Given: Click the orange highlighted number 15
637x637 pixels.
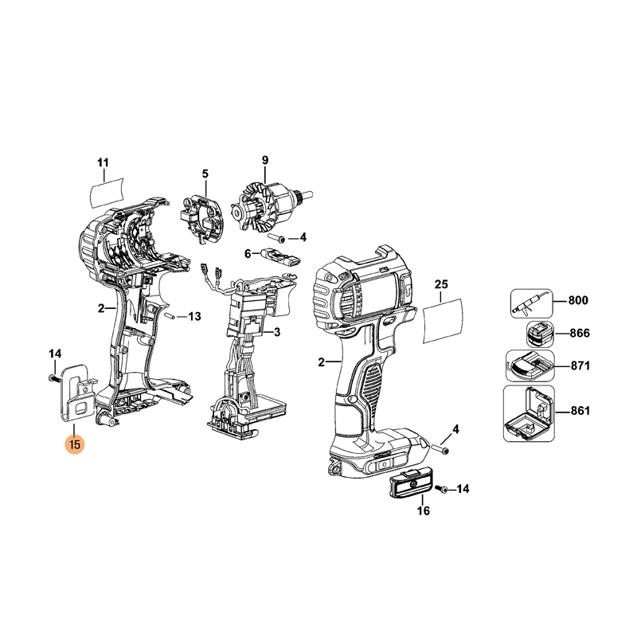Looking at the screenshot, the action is (x=75, y=444).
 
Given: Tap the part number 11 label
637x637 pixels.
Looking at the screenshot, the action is (x=104, y=163).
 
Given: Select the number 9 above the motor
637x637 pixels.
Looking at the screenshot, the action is (x=265, y=160).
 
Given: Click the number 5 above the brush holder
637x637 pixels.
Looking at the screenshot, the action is (x=205, y=174).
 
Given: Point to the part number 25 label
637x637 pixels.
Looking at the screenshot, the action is (x=441, y=284).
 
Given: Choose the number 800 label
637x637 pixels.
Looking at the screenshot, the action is (x=578, y=300).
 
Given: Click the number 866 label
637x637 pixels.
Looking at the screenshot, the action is (x=580, y=333).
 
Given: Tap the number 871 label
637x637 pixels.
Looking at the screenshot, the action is (x=580, y=365).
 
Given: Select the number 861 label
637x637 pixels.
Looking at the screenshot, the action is (x=580, y=411).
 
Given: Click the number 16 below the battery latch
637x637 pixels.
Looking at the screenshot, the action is (x=424, y=510).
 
